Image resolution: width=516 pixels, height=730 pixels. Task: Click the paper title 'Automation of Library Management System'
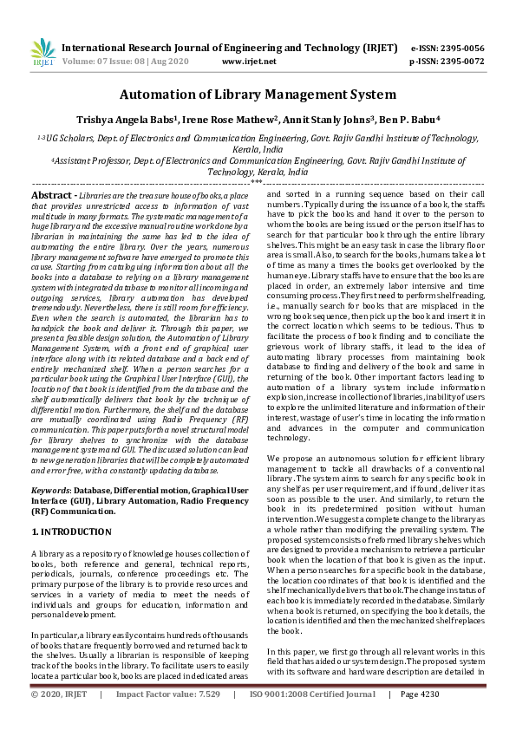point(258,95)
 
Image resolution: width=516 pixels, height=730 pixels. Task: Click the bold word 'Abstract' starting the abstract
point(53,196)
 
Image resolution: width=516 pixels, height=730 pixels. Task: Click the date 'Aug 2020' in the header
point(178,62)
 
